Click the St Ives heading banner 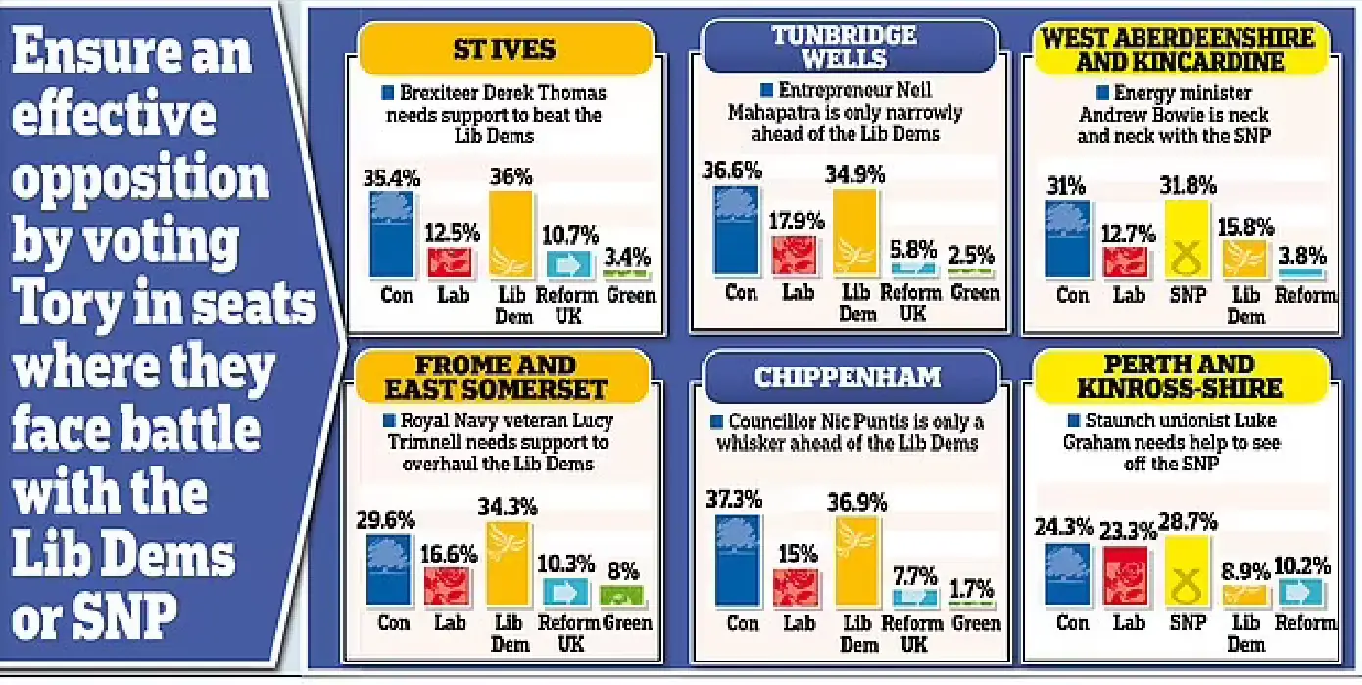pos(505,48)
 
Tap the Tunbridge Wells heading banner pos(850,47)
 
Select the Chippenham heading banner pos(849,377)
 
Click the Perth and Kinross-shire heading pos(1179,376)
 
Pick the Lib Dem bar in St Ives pos(511,235)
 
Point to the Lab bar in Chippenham pos(795,587)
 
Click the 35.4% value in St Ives pos(392,178)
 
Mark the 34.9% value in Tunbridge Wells pos(855,174)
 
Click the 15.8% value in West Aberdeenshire pos(1245,227)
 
